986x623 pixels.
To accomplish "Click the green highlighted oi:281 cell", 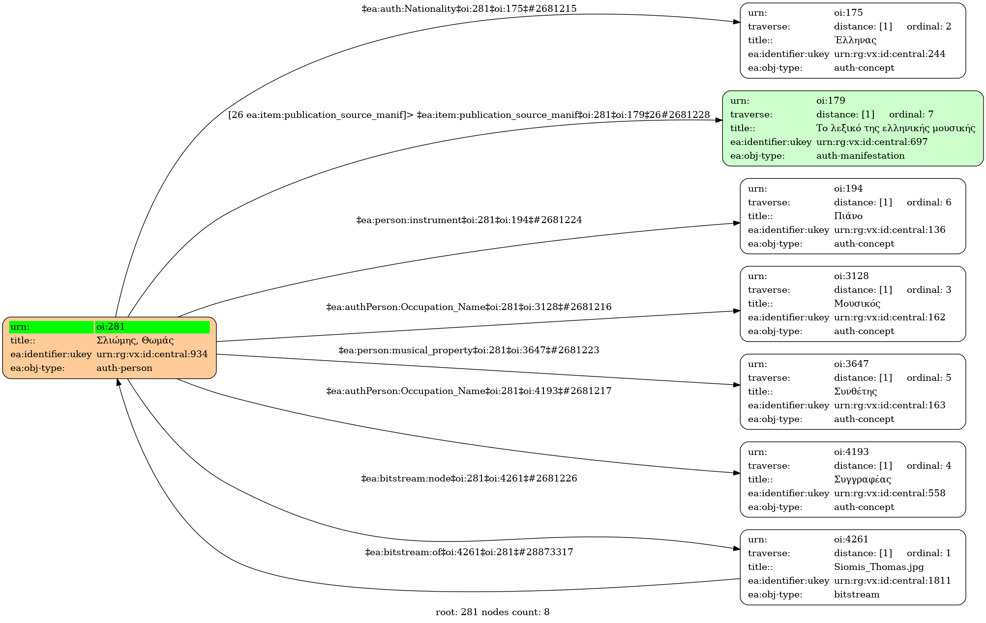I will click(x=152, y=327).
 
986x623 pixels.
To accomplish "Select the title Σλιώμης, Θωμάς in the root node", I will click(x=135, y=340).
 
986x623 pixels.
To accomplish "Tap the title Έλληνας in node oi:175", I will click(x=855, y=40).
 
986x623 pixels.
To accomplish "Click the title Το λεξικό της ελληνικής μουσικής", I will click(x=895, y=128).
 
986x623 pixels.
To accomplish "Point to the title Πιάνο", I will click(x=848, y=216).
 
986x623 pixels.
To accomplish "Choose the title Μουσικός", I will click(x=857, y=304).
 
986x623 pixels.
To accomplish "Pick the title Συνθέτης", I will click(x=855, y=392).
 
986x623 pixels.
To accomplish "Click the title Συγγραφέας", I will click(x=862, y=480).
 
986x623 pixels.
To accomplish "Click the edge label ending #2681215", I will click(x=469, y=9).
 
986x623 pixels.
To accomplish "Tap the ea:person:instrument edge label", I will click(x=469, y=220).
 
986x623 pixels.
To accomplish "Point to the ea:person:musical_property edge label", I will click(x=469, y=350).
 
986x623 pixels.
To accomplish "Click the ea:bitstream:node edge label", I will click(x=469, y=479).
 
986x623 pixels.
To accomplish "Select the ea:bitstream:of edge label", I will click(x=469, y=552).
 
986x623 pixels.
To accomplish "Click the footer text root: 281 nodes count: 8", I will click(x=492, y=612).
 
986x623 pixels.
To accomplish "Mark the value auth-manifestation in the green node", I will click(x=860, y=156).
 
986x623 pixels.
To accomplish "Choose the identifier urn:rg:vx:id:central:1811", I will click(x=892, y=581).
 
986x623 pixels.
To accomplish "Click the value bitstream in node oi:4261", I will click(x=856, y=595).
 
